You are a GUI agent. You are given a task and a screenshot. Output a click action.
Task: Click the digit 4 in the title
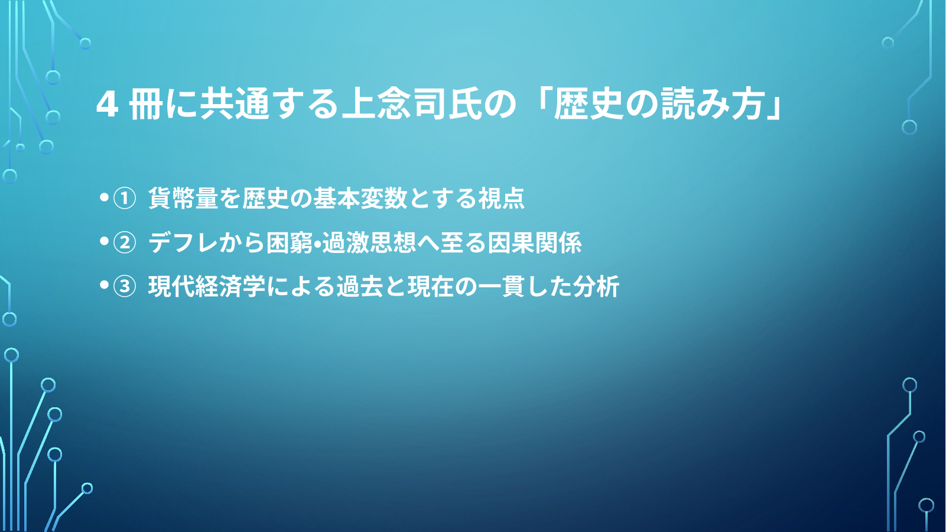point(107,105)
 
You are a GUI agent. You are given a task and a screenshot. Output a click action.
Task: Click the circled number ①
point(125,198)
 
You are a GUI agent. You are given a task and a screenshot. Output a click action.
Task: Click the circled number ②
point(125,243)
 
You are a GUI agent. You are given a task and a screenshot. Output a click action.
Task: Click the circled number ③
point(125,287)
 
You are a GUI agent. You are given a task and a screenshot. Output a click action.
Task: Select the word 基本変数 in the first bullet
point(360,198)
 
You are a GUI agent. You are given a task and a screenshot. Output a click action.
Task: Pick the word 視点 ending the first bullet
point(501,198)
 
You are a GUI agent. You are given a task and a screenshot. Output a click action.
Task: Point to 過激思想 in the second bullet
point(369,242)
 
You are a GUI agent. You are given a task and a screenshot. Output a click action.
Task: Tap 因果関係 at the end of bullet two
point(535,242)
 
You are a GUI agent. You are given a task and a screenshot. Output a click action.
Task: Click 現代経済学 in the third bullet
point(207,287)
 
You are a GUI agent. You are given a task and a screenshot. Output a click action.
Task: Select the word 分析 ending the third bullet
point(596,287)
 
